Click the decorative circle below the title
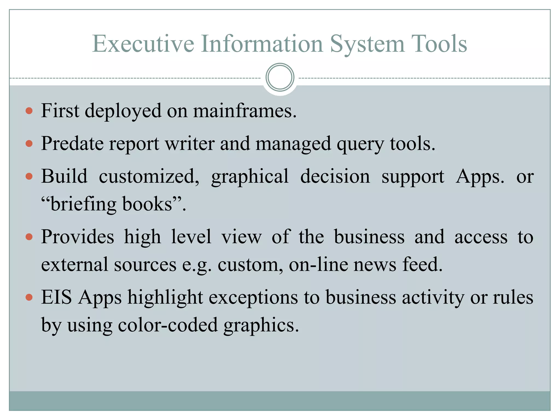point(280,77)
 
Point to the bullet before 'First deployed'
point(29,111)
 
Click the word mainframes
point(245,111)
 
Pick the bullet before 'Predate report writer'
point(29,144)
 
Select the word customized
point(149,176)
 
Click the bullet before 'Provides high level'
point(29,237)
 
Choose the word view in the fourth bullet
point(241,237)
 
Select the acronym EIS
point(57,297)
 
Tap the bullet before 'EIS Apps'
point(29,297)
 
